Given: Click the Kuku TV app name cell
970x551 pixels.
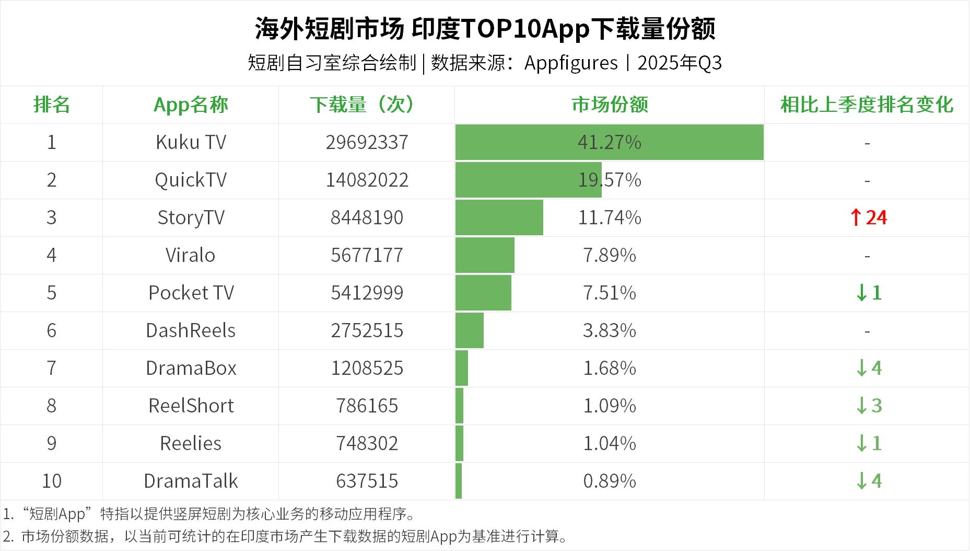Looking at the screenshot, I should point(191,142).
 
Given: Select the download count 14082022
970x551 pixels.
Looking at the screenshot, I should point(367,180).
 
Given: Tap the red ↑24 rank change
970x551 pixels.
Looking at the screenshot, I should point(868,217).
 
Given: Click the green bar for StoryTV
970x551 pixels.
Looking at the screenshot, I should point(499,217).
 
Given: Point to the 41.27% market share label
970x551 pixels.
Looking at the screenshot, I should point(609,142).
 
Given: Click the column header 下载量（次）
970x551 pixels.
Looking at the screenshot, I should point(367,105).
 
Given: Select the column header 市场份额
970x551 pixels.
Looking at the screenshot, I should point(610,105).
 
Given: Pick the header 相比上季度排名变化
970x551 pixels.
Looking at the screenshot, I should point(867,105).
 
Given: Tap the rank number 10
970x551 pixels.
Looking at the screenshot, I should point(51,481).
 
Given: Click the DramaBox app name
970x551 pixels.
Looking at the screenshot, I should point(191,368).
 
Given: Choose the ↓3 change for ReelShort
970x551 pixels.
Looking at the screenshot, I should point(869,406).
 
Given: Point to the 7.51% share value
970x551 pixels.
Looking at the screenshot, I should point(609,293).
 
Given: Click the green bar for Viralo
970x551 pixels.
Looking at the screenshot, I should point(485,255).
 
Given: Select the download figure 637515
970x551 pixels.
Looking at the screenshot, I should point(367,481).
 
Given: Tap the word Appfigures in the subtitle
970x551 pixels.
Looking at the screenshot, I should point(571,63).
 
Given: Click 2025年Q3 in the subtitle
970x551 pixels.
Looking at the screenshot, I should point(679,63).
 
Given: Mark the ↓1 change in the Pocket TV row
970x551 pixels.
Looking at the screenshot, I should point(869,293).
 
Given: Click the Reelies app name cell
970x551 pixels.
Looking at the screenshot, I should point(191,443).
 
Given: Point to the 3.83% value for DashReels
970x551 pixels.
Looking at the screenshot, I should point(609,330).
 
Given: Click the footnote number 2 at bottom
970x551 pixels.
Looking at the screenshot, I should point(7,536).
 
